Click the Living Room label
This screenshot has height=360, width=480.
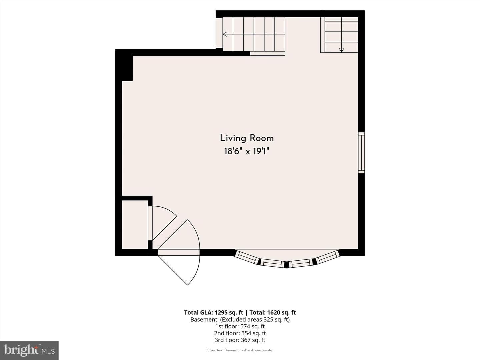(247, 138)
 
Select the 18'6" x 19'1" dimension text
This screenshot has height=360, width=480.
(247, 151)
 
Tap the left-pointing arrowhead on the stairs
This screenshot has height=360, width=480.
(225, 34)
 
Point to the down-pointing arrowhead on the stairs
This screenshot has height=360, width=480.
(341, 50)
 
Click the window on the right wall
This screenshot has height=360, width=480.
(361, 153)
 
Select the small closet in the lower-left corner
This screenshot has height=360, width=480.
(135, 224)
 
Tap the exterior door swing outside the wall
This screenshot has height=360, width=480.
(188, 270)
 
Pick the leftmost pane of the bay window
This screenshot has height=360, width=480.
(247, 257)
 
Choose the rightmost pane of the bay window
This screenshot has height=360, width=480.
(327, 257)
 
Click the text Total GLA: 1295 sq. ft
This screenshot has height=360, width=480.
(213, 313)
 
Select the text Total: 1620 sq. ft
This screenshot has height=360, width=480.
(273, 313)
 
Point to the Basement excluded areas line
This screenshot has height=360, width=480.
(240, 320)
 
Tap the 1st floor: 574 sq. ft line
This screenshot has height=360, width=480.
(240, 326)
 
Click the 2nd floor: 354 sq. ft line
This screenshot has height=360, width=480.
(240, 333)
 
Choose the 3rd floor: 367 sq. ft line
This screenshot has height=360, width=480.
(240, 340)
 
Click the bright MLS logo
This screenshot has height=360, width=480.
(29, 350)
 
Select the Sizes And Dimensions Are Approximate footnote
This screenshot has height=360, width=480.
(240, 350)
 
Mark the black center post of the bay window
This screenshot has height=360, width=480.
(287, 265)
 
